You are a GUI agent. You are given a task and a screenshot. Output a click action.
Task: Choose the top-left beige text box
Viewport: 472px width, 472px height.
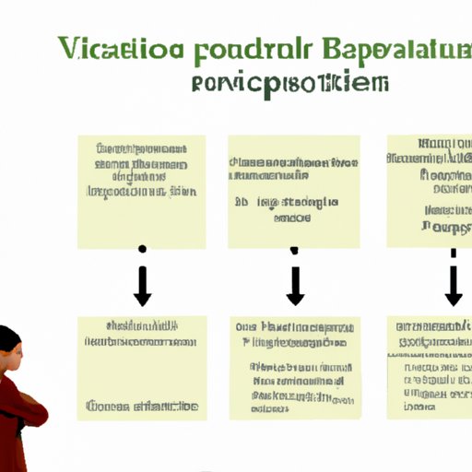(x=141, y=192)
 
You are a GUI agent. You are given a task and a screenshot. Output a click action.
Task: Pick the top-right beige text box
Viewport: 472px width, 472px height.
(x=429, y=190)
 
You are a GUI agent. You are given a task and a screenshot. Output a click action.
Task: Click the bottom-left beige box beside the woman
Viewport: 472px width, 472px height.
(x=142, y=368)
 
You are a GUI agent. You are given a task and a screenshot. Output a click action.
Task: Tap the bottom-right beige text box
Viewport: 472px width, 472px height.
(x=429, y=367)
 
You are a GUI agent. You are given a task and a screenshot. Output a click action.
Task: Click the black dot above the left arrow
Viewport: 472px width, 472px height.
(x=142, y=249)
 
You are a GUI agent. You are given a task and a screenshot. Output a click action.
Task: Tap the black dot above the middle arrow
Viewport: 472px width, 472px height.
(x=295, y=249)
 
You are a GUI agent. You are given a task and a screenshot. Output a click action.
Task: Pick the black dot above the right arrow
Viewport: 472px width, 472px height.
(x=453, y=251)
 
